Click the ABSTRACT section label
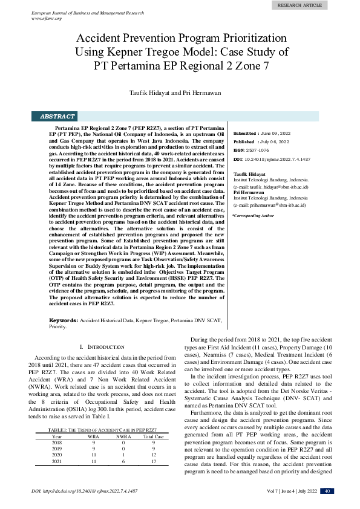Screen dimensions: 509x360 point(57,116)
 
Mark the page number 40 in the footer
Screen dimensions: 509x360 point(326,491)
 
